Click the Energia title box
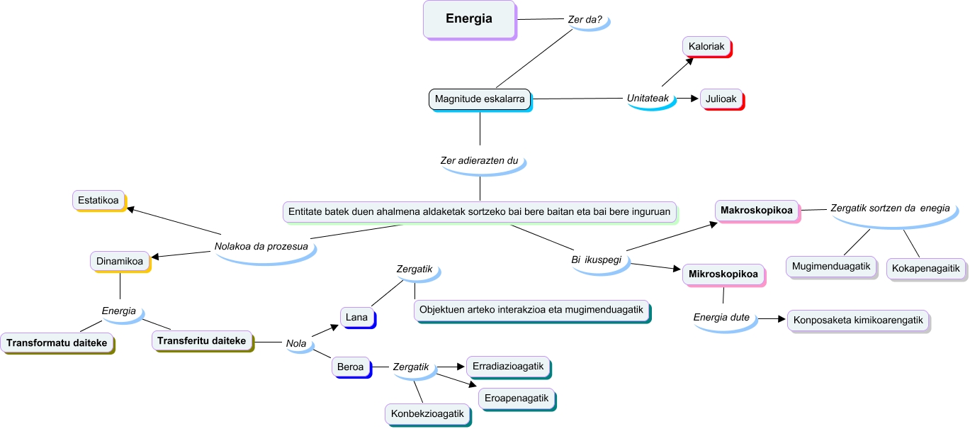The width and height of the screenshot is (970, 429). point(468,19)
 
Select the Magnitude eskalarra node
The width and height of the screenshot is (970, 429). point(480,99)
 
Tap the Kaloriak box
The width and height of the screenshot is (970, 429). point(706,47)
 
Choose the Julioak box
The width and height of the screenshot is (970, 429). point(721,99)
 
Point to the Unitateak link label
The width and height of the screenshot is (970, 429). point(648,99)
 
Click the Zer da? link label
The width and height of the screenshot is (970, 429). point(585,20)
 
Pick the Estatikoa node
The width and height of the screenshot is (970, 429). point(98,200)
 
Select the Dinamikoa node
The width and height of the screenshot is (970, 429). point(119,261)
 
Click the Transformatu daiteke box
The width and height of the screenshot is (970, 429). point(57,343)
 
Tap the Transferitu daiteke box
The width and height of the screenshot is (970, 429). point(201,341)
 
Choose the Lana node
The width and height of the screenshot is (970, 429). point(356,317)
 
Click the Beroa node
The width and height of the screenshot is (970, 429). point(351,367)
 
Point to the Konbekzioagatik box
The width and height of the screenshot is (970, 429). point(427,413)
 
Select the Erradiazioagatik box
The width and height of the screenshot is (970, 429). point(507,366)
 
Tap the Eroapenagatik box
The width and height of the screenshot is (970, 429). point(517,399)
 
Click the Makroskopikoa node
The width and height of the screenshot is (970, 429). point(756,211)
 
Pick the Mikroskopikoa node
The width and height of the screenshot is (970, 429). point(723,274)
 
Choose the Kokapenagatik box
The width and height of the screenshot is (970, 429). point(926,268)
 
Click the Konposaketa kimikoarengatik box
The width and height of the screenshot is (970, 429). point(857,320)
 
